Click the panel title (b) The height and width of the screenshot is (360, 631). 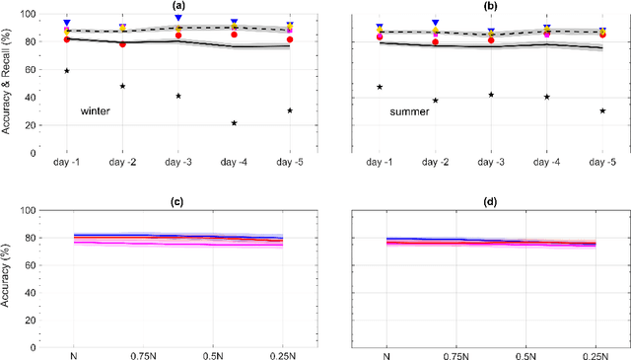click(490, 6)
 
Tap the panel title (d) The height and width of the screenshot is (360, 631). click(490, 202)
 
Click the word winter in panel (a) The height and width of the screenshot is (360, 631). click(95, 111)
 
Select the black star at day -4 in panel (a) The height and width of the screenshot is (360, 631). click(234, 123)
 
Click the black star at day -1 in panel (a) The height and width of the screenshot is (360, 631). click(67, 71)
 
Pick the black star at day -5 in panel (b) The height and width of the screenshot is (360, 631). click(602, 110)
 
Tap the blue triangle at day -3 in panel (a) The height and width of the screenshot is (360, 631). click(178, 18)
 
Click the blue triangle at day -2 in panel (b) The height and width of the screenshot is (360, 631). click(435, 22)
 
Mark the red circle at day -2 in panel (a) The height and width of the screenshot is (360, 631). click(122, 44)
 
